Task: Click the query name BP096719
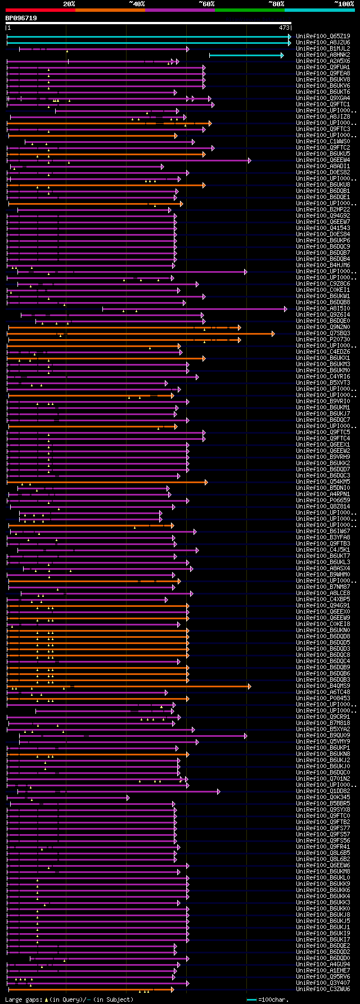(21, 18)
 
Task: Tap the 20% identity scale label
(69, 4)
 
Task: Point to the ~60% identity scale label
(206, 4)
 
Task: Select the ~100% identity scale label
(344, 4)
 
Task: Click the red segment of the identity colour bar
(40, 10)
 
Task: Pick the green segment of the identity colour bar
(249, 10)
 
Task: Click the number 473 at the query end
(283, 28)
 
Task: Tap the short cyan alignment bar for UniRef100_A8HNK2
(245, 55)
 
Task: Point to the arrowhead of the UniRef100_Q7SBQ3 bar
(273, 334)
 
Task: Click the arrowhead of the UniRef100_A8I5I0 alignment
(286, 309)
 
